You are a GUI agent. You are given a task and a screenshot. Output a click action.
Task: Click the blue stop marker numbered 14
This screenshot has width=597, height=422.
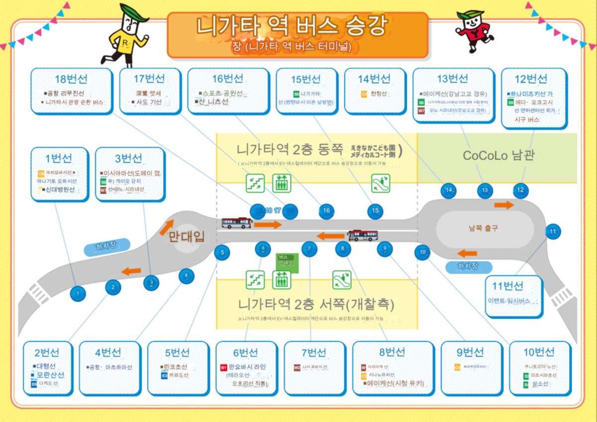(x=449, y=190)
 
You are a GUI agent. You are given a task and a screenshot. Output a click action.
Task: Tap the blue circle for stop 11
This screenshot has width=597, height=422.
(x=552, y=231)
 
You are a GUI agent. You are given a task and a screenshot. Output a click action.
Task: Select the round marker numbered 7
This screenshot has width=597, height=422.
(x=309, y=248)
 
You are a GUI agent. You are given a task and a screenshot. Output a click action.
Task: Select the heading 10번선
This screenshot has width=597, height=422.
(x=539, y=352)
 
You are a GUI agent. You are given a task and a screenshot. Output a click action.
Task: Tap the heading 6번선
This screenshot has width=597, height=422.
(x=246, y=353)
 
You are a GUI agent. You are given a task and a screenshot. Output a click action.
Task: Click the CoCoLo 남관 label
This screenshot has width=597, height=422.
(x=498, y=155)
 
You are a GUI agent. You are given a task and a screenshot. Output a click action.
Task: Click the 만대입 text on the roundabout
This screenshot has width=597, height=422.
(x=187, y=237)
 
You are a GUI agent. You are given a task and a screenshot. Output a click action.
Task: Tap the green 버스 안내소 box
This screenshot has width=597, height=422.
(x=286, y=263)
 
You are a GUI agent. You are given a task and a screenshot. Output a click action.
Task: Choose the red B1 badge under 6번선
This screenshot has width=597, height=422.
(x=223, y=368)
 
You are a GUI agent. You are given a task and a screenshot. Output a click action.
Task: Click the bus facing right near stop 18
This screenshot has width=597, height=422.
(x=237, y=223)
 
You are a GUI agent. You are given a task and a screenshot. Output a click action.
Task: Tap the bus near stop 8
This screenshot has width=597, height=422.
(x=363, y=235)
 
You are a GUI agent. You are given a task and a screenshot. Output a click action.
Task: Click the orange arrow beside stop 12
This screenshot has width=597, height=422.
(x=504, y=205)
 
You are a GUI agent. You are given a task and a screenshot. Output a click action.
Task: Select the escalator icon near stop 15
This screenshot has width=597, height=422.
(x=381, y=183)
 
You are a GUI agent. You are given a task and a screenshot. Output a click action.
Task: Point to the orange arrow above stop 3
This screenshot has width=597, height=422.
(x=132, y=271)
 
